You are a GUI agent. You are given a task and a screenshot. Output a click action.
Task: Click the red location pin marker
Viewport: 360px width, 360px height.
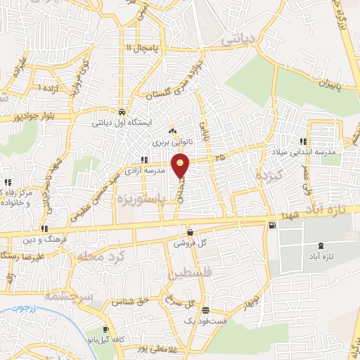pos(181,165)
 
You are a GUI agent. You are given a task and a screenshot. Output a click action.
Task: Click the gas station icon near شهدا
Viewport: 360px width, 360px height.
pos(272,225)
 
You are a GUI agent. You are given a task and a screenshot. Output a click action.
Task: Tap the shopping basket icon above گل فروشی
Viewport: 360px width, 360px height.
pos(191,232)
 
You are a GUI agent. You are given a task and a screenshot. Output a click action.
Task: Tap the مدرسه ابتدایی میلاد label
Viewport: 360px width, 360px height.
pos(297,152)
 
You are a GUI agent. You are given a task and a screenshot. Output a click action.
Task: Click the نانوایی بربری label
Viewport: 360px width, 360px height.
pos(167,141)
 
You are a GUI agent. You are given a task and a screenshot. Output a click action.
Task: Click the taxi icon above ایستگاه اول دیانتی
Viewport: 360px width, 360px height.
pos(123,111)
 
